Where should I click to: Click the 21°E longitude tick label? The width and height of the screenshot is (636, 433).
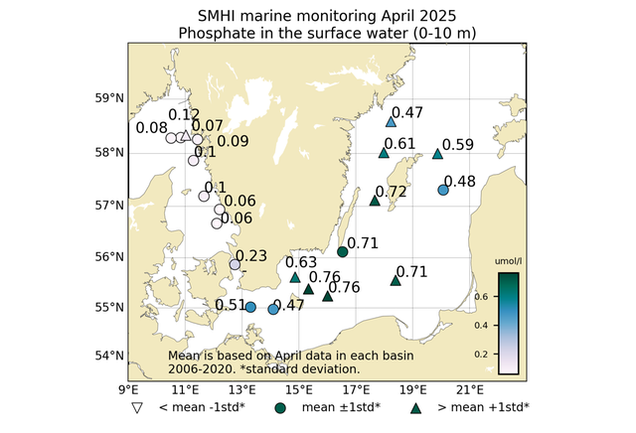click(471, 389)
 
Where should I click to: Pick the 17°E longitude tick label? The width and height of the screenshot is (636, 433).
click(357, 389)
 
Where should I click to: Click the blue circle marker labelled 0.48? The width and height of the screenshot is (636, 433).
click(443, 190)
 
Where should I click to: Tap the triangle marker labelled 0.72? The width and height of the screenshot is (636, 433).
click(375, 201)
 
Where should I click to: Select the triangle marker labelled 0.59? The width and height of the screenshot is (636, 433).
click(438, 154)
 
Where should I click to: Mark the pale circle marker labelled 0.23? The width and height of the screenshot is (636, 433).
click(236, 264)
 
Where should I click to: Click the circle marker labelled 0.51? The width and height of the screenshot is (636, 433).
click(250, 307)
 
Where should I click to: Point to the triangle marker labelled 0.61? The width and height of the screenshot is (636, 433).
click(384, 153)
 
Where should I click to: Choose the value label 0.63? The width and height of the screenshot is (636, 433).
click(301, 262)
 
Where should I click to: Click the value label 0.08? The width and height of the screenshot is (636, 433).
click(151, 128)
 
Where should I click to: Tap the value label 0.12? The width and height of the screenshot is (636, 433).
click(185, 115)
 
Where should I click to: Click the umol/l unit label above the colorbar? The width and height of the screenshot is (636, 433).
click(508, 262)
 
